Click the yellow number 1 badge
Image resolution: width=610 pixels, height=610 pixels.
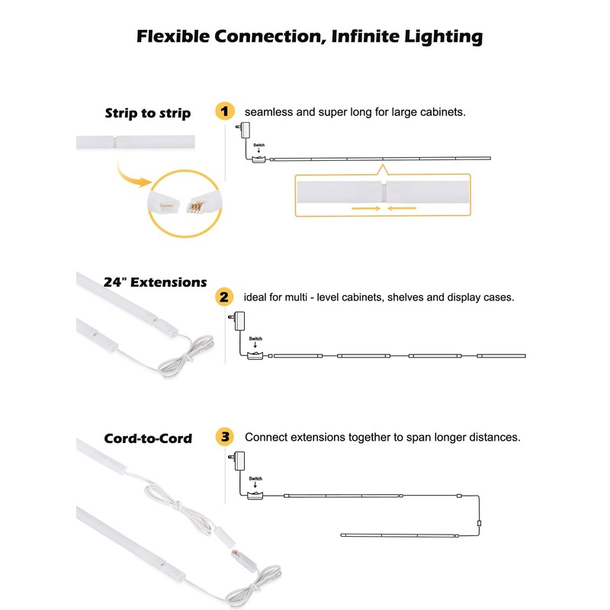(224, 111)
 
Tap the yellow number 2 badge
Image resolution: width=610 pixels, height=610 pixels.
(224, 297)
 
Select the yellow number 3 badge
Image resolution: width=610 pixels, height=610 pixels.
(224, 438)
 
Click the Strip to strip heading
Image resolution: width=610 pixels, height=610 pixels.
(147, 114)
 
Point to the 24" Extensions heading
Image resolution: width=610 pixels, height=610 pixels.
(155, 282)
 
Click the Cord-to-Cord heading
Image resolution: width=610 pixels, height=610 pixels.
(148, 438)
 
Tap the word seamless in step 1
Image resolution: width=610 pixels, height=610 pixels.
(268, 112)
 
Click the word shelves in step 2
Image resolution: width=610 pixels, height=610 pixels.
(407, 297)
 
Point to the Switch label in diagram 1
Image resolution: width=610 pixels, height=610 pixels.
(258, 144)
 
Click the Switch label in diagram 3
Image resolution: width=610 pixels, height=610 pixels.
(255, 479)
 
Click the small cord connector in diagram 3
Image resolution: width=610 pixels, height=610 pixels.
(478, 523)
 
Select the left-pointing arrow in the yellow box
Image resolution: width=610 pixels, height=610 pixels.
(402, 207)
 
